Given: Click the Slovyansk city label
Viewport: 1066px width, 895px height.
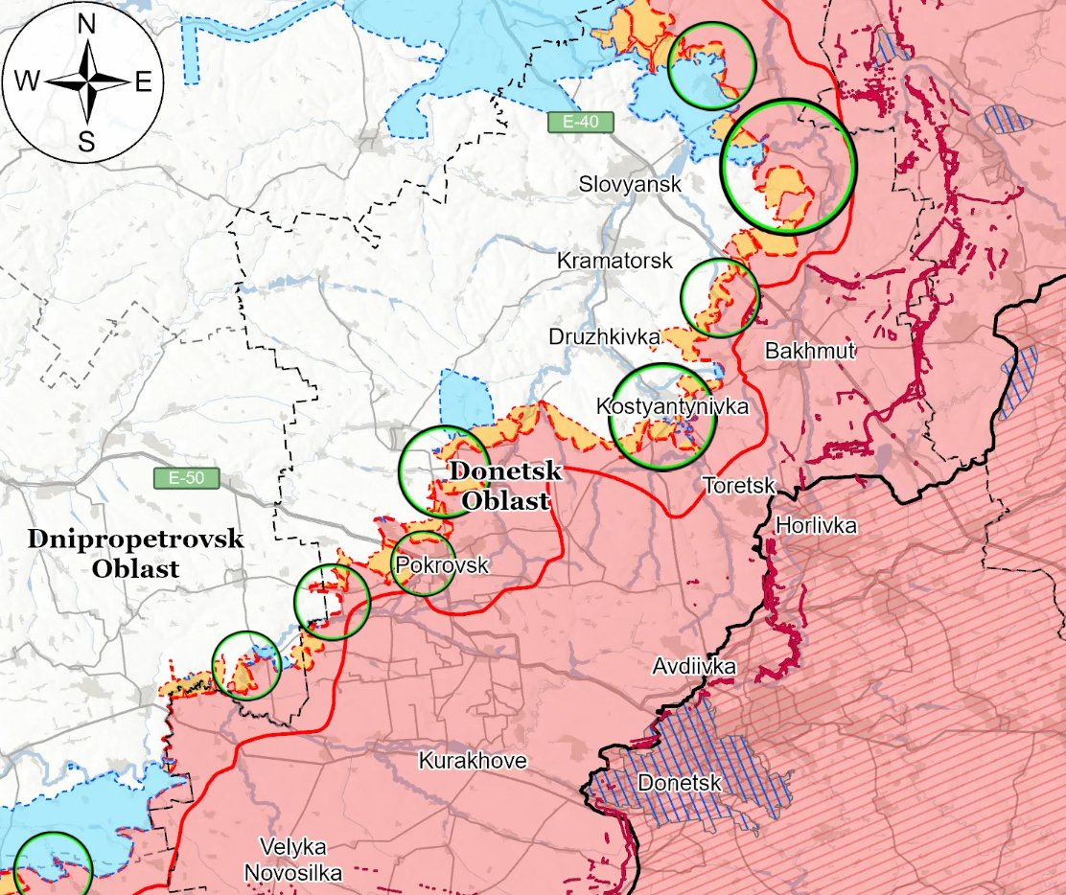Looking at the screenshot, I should click(x=630, y=184).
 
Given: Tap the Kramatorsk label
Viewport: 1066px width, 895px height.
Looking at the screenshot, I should click(x=614, y=261).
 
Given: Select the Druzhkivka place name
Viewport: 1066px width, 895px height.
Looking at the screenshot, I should click(x=604, y=336).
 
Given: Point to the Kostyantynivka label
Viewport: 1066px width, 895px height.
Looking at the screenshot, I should click(x=671, y=405).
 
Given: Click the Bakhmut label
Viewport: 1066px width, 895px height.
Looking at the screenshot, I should click(x=809, y=351).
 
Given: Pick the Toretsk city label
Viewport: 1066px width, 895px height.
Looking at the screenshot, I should click(x=738, y=486).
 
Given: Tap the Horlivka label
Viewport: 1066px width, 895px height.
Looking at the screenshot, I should click(x=816, y=525).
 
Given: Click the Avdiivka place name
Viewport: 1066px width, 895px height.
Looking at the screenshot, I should click(x=694, y=666).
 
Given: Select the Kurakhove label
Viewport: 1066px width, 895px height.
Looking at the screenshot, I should click(x=473, y=761).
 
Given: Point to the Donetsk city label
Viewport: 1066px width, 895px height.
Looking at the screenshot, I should click(x=679, y=784).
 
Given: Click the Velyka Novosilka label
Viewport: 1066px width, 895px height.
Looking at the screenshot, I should click(x=293, y=860).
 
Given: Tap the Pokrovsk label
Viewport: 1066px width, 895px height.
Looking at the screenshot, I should click(x=442, y=565).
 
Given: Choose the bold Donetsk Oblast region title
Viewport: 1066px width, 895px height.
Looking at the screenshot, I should click(x=505, y=486).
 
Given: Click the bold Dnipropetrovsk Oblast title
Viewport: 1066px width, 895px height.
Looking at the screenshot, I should click(x=135, y=553).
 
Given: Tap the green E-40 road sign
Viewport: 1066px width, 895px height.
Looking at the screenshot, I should click(x=580, y=122).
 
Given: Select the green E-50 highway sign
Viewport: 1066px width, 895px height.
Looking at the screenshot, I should click(x=186, y=477).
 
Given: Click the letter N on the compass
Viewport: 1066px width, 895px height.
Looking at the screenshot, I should click(x=85, y=26).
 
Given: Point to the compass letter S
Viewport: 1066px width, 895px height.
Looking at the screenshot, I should click(x=86, y=144).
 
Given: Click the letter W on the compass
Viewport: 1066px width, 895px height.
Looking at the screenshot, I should click(x=27, y=82).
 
